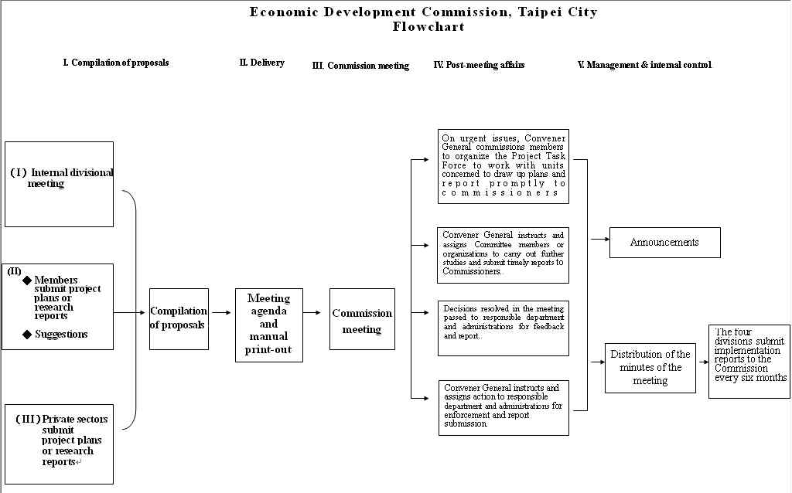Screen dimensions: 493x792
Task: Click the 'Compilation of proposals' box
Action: [x=179, y=318]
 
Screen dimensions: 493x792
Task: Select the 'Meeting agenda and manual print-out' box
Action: [x=268, y=325]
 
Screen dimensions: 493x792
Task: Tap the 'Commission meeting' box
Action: [x=362, y=319]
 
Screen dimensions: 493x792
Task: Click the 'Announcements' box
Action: [x=664, y=242]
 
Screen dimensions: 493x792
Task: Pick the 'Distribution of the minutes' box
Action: [x=650, y=368]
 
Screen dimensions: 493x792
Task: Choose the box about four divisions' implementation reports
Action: [x=749, y=361]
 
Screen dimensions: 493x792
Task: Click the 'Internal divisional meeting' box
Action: [x=59, y=184]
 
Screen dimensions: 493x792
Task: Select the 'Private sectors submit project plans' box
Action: [x=59, y=444]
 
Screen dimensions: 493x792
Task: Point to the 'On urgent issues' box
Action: [x=503, y=166]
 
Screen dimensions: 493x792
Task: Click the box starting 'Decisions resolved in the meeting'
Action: [x=503, y=328]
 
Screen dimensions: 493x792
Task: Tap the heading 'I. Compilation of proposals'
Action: [x=115, y=63]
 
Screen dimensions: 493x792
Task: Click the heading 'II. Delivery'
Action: [x=261, y=63]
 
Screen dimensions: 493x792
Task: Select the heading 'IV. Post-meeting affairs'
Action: [x=479, y=65]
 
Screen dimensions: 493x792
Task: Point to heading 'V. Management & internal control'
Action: [x=644, y=65]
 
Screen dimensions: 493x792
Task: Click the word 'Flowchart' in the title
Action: [x=428, y=26]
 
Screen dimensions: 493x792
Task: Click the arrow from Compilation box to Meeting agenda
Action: [x=221, y=313]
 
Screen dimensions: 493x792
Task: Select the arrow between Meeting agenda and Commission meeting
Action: [x=312, y=313]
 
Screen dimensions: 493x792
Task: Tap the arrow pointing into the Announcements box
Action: [x=600, y=240]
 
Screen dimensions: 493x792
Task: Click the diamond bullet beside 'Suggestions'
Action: [x=27, y=335]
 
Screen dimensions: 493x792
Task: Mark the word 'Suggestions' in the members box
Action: [x=61, y=335]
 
